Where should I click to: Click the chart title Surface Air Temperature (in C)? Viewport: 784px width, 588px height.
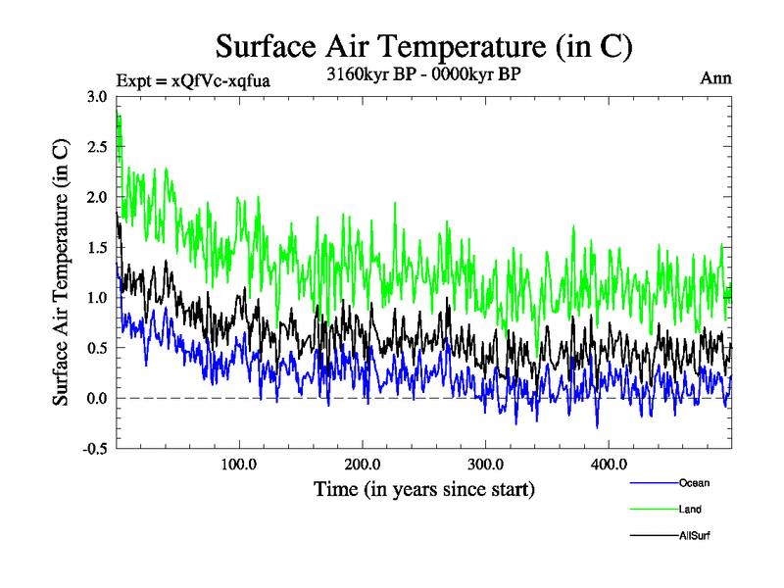click(423, 46)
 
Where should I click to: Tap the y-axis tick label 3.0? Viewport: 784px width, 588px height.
click(97, 97)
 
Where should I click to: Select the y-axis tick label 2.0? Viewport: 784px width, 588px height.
click(97, 197)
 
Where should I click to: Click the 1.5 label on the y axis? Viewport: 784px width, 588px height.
click(97, 248)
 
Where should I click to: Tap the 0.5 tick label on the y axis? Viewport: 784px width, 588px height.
click(97, 348)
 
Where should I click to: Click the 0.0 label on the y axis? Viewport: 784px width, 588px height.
click(97, 399)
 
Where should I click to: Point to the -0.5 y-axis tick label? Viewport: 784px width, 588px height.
click(94, 449)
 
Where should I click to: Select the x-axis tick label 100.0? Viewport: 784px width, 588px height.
click(239, 464)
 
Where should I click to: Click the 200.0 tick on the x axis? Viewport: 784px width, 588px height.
click(363, 464)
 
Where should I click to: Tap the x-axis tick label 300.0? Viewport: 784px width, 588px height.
click(486, 464)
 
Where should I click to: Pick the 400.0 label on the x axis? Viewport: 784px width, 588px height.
click(609, 464)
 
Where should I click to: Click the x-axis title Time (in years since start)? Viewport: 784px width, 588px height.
click(423, 487)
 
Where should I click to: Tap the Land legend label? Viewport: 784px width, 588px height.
click(690, 510)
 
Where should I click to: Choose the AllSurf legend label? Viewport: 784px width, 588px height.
click(694, 536)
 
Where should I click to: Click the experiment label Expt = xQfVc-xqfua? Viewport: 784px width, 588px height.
click(192, 79)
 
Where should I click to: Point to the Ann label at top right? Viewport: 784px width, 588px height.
click(715, 79)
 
